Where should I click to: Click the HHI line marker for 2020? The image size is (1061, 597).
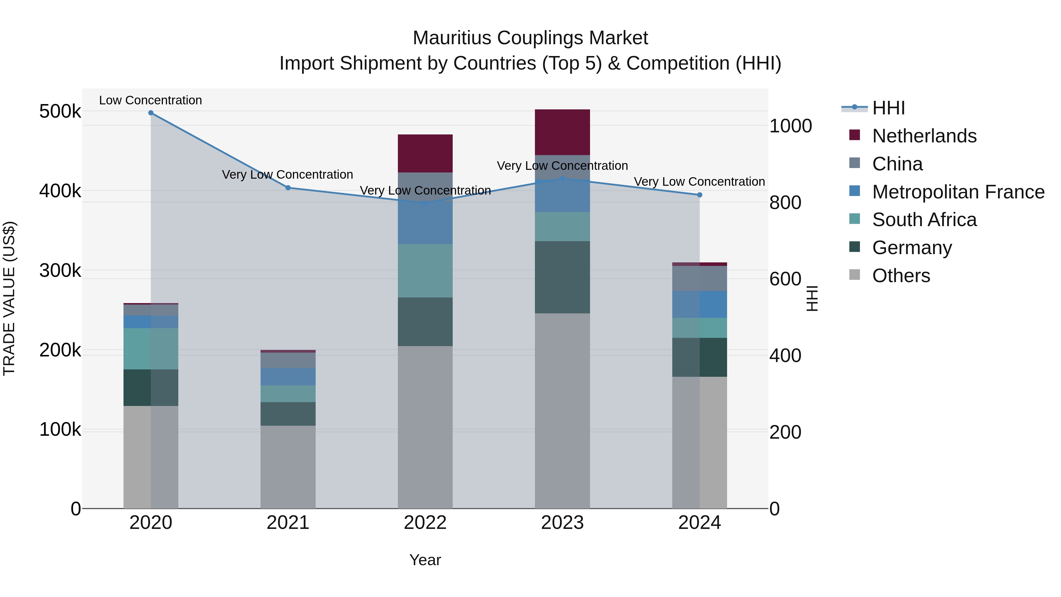[x=151, y=113]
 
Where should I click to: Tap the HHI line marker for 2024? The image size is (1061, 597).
[x=699, y=195]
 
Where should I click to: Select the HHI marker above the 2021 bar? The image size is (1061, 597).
[x=288, y=188]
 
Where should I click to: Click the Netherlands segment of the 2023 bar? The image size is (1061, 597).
[x=562, y=132]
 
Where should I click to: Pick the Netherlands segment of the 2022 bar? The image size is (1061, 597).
[x=425, y=153]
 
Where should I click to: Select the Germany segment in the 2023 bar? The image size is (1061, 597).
[x=562, y=277]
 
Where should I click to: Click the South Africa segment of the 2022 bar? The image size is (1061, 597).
[x=425, y=271]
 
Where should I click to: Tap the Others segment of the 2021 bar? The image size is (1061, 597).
[x=288, y=467]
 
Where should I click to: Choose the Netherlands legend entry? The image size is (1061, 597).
[x=924, y=136]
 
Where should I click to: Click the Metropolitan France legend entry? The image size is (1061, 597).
[x=958, y=192]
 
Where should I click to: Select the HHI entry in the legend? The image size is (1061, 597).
[x=888, y=108]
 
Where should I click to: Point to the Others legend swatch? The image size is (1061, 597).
[x=855, y=275]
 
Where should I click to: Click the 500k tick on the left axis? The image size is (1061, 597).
[x=60, y=112]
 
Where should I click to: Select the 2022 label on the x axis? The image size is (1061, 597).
[x=425, y=523]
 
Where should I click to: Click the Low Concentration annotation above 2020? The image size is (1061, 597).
[x=150, y=100]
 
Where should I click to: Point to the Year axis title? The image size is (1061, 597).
[x=425, y=560]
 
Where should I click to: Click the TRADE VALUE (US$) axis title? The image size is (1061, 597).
[x=9, y=298]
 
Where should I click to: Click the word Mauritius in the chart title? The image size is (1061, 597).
[x=452, y=38]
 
